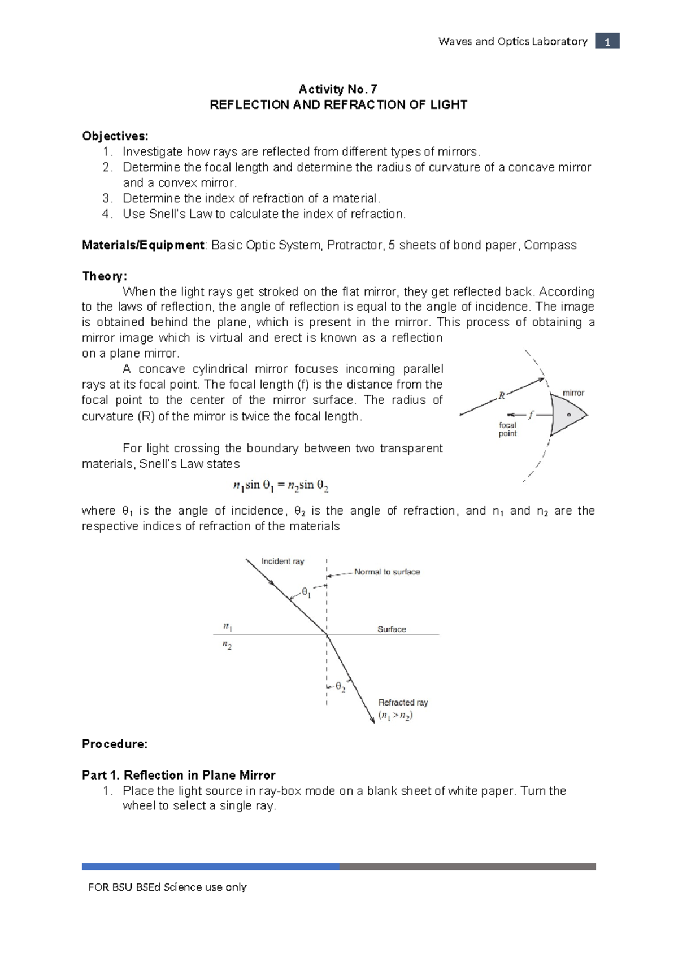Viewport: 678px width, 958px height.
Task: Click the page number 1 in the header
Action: pyautogui.click(x=607, y=41)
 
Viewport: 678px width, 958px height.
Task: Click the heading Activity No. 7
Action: pyautogui.click(x=338, y=89)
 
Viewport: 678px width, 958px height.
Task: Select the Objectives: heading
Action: pyautogui.click(x=115, y=136)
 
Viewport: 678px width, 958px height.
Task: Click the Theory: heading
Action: pyautogui.click(x=105, y=276)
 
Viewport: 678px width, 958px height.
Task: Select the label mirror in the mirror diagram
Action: pyautogui.click(x=573, y=393)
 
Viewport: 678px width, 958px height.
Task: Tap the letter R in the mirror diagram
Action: pyautogui.click(x=501, y=397)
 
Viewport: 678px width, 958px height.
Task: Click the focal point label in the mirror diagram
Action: pyautogui.click(x=507, y=429)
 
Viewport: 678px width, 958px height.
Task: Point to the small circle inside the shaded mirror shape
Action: pyautogui.click(x=569, y=415)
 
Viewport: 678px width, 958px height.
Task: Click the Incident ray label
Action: pyautogui.click(x=282, y=561)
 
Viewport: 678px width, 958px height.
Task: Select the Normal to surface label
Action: pyautogui.click(x=387, y=572)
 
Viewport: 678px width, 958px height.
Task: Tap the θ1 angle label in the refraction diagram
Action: pyautogui.click(x=306, y=593)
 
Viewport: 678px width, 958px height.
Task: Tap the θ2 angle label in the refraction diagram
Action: pyautogui.click(x=340, y=687)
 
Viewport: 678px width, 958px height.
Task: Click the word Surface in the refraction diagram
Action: pyautogui.click(x=392, y=629)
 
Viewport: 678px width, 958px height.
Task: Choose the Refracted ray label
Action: pyautogui.click(x=403, y=703)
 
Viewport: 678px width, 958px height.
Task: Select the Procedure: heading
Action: pyautogui.click(x=115, y=744)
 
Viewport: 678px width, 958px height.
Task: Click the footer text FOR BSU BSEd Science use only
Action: pyautogui.click(x=167, y=887)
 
